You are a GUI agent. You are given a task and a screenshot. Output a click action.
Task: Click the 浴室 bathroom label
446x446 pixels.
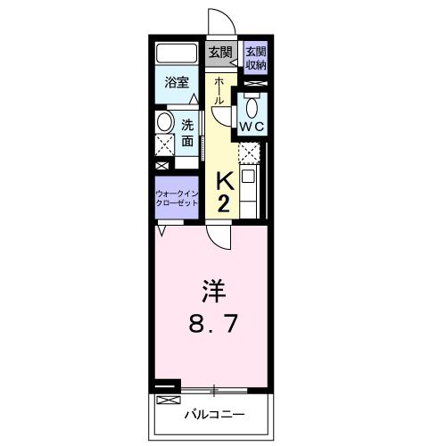(x=177, y=83)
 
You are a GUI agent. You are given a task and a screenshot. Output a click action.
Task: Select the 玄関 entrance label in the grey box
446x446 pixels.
(x=219, y=53)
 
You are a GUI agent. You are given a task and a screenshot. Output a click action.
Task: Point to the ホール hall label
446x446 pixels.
(x=219, y=92)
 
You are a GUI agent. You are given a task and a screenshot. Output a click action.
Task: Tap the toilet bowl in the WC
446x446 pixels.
(x=252, y=107)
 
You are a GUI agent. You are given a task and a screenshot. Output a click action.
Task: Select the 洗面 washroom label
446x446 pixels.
(x=188, y=133)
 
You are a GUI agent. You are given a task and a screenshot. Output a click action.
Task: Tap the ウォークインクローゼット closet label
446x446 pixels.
(x=177, y=197)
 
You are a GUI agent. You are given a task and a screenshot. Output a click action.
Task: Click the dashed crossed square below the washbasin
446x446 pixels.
(x=164, y=146)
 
